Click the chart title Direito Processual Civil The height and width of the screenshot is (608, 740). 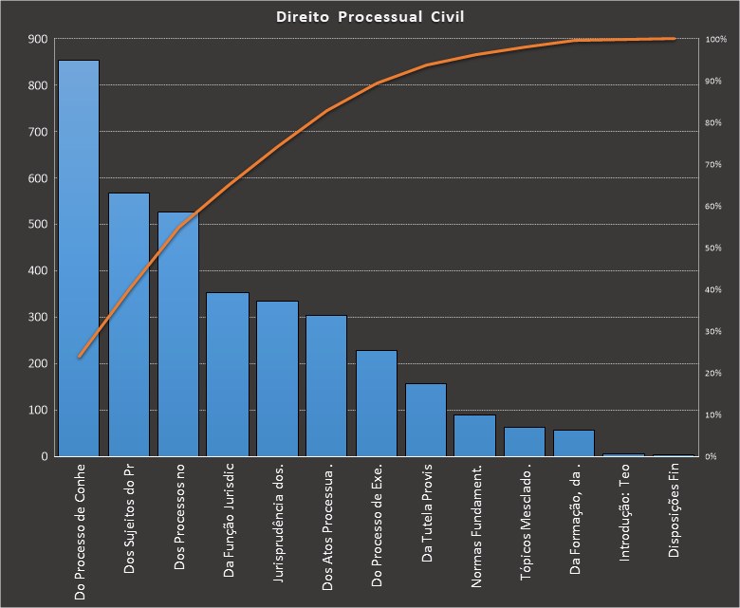[x=370, y=16]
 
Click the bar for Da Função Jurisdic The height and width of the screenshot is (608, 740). [x=228, y=375]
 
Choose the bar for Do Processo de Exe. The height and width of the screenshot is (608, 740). [x=377, y=403]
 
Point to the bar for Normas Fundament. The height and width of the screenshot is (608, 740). [x=474, y=435]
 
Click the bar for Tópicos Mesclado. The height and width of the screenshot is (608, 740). [x=525, y=442]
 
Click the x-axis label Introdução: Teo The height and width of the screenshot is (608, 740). [x=624, y=521]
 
